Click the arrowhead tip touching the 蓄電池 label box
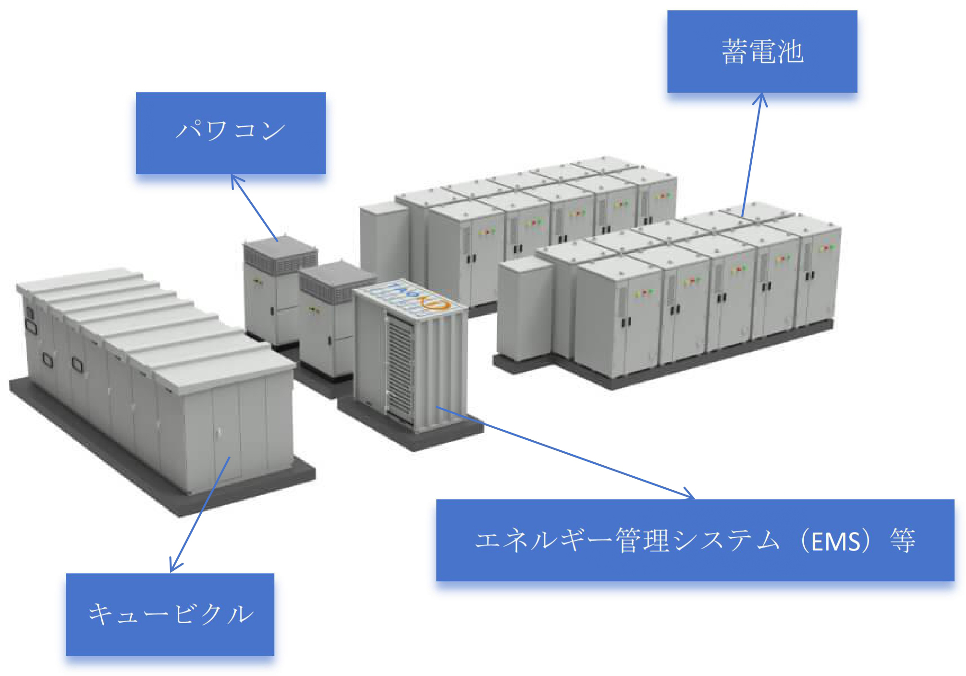coord(760,94)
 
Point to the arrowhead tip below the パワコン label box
coord(232,175)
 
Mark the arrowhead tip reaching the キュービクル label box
coord(171,572)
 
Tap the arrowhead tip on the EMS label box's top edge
coord(695,498)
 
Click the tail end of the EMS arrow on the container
coord(436,407)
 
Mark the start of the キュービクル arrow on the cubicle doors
coord(230,457)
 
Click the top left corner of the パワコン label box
coord(136,93)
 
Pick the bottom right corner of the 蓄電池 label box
coord(857,92)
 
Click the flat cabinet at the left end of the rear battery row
coord(384,245)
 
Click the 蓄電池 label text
coord(762,51)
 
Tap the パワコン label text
coord(231,130)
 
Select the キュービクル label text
coord(171,614)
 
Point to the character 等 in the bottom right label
coord(903,541)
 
